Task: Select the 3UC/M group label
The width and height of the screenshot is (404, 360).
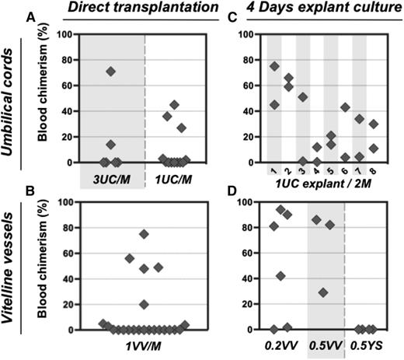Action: [111, 178]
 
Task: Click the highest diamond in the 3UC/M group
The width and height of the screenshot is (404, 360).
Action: [111, 72]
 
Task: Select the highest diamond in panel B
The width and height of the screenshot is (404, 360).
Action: [144, 234]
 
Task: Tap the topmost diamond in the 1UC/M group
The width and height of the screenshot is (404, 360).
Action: [175, 104]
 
